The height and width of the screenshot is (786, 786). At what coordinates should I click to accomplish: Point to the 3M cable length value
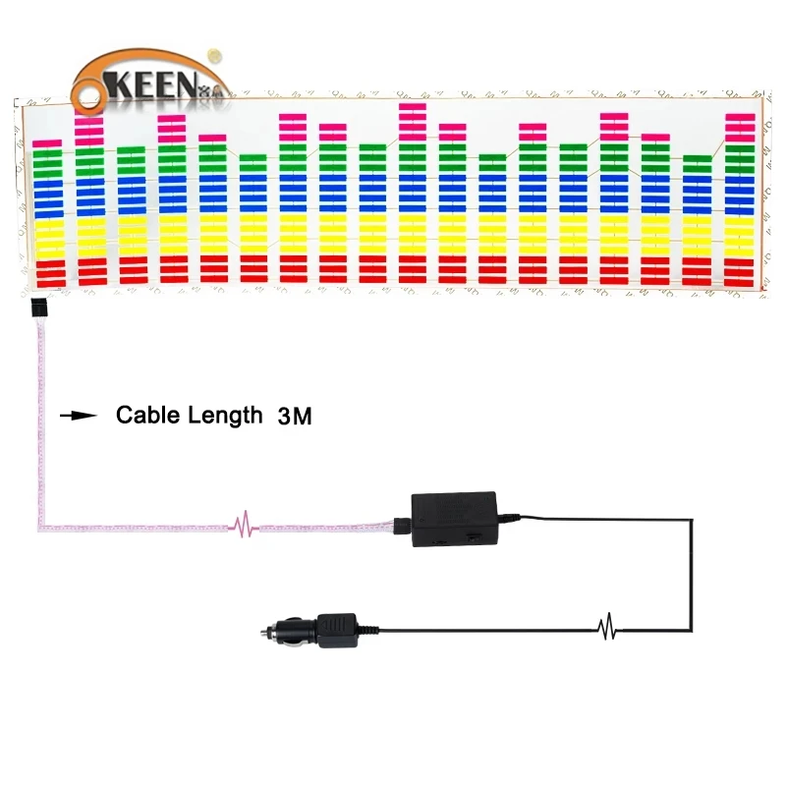[x=295, y=417]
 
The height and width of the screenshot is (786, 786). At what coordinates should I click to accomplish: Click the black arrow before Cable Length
[x=79, y=416]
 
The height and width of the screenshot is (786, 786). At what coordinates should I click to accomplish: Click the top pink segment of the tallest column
[x=413, y=106]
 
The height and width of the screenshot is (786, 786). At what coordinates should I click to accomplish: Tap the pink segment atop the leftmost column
[x=47, y=143]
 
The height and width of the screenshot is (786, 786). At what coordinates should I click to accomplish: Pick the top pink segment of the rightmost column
[x=739, y=117]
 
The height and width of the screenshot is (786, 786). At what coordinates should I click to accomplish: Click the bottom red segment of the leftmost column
[x=47, y=283]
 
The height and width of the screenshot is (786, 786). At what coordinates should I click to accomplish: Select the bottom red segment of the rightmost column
[x=739, y=283]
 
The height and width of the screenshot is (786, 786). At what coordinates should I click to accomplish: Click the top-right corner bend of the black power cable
[x=692, y=521]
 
